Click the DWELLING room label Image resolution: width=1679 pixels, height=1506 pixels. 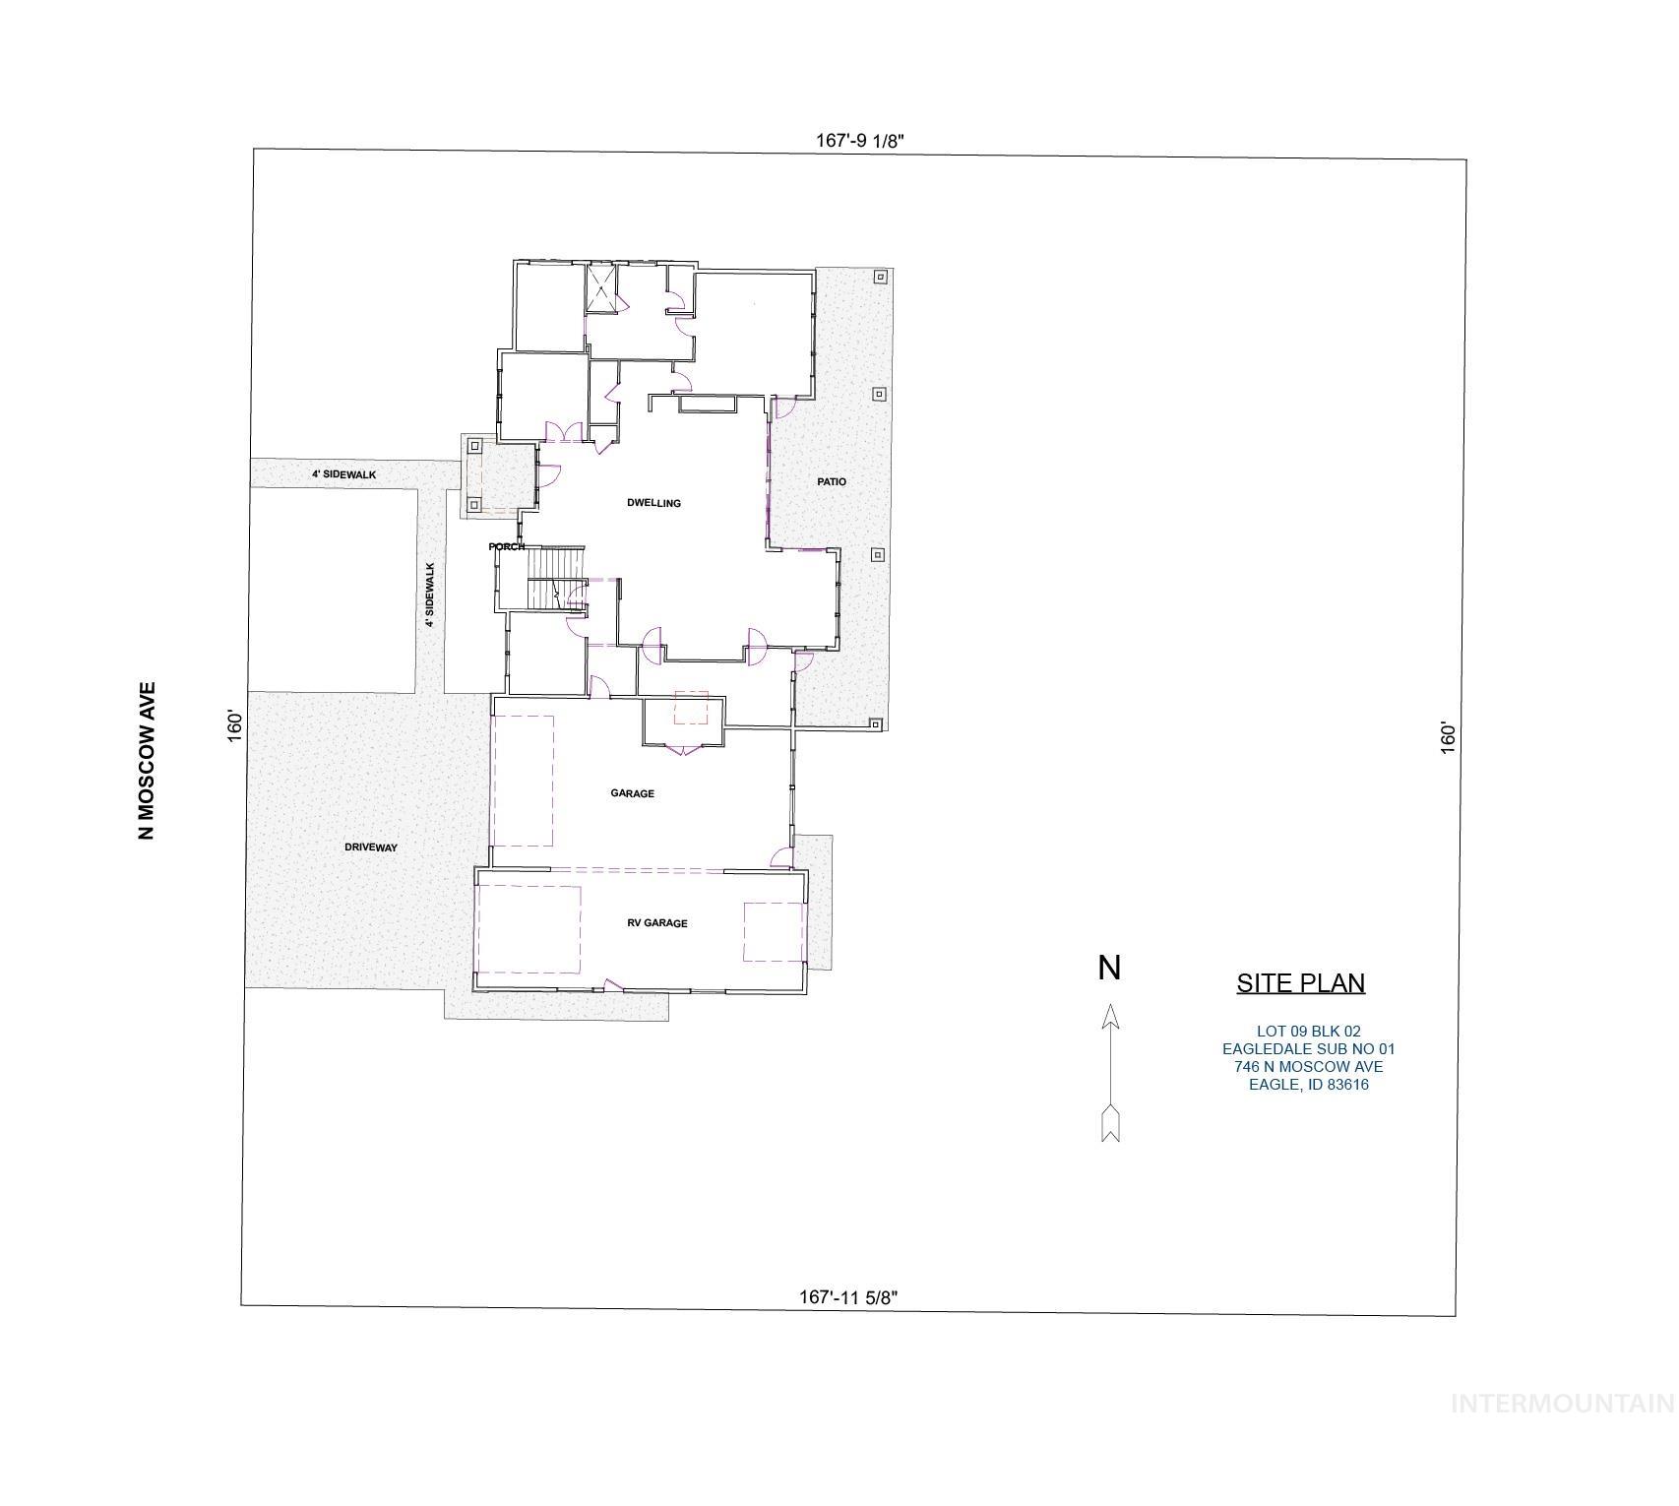(x=653, y=503)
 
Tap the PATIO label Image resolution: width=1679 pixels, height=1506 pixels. (x=832, y=481)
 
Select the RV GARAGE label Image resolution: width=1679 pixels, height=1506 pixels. (x=657, y=923)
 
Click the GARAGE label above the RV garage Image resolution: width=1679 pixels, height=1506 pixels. (x=632, y=793)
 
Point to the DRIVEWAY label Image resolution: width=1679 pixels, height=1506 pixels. (x=371, y=847)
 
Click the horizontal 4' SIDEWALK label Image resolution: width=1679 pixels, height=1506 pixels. (x=343, y=474)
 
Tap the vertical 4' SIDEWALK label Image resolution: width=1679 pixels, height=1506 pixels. (x=430, y=595)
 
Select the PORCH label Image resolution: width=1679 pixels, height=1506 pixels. (x=507, y=546)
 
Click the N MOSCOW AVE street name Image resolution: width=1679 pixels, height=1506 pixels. (x=147, y=761)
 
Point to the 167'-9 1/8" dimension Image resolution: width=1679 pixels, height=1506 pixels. (x=859, y=141)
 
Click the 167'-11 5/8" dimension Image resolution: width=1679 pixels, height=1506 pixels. (x=848, y=1297)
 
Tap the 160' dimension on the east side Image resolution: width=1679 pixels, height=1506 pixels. (x=1448, y=738)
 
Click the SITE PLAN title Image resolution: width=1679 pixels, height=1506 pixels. (x=1300, y=982)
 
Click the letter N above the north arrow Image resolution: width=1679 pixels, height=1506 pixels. (x=1109, y=969)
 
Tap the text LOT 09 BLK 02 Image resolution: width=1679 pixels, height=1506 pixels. (x=1308, y=1032)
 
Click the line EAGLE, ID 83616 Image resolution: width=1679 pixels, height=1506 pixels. (x=1308, y=1085)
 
